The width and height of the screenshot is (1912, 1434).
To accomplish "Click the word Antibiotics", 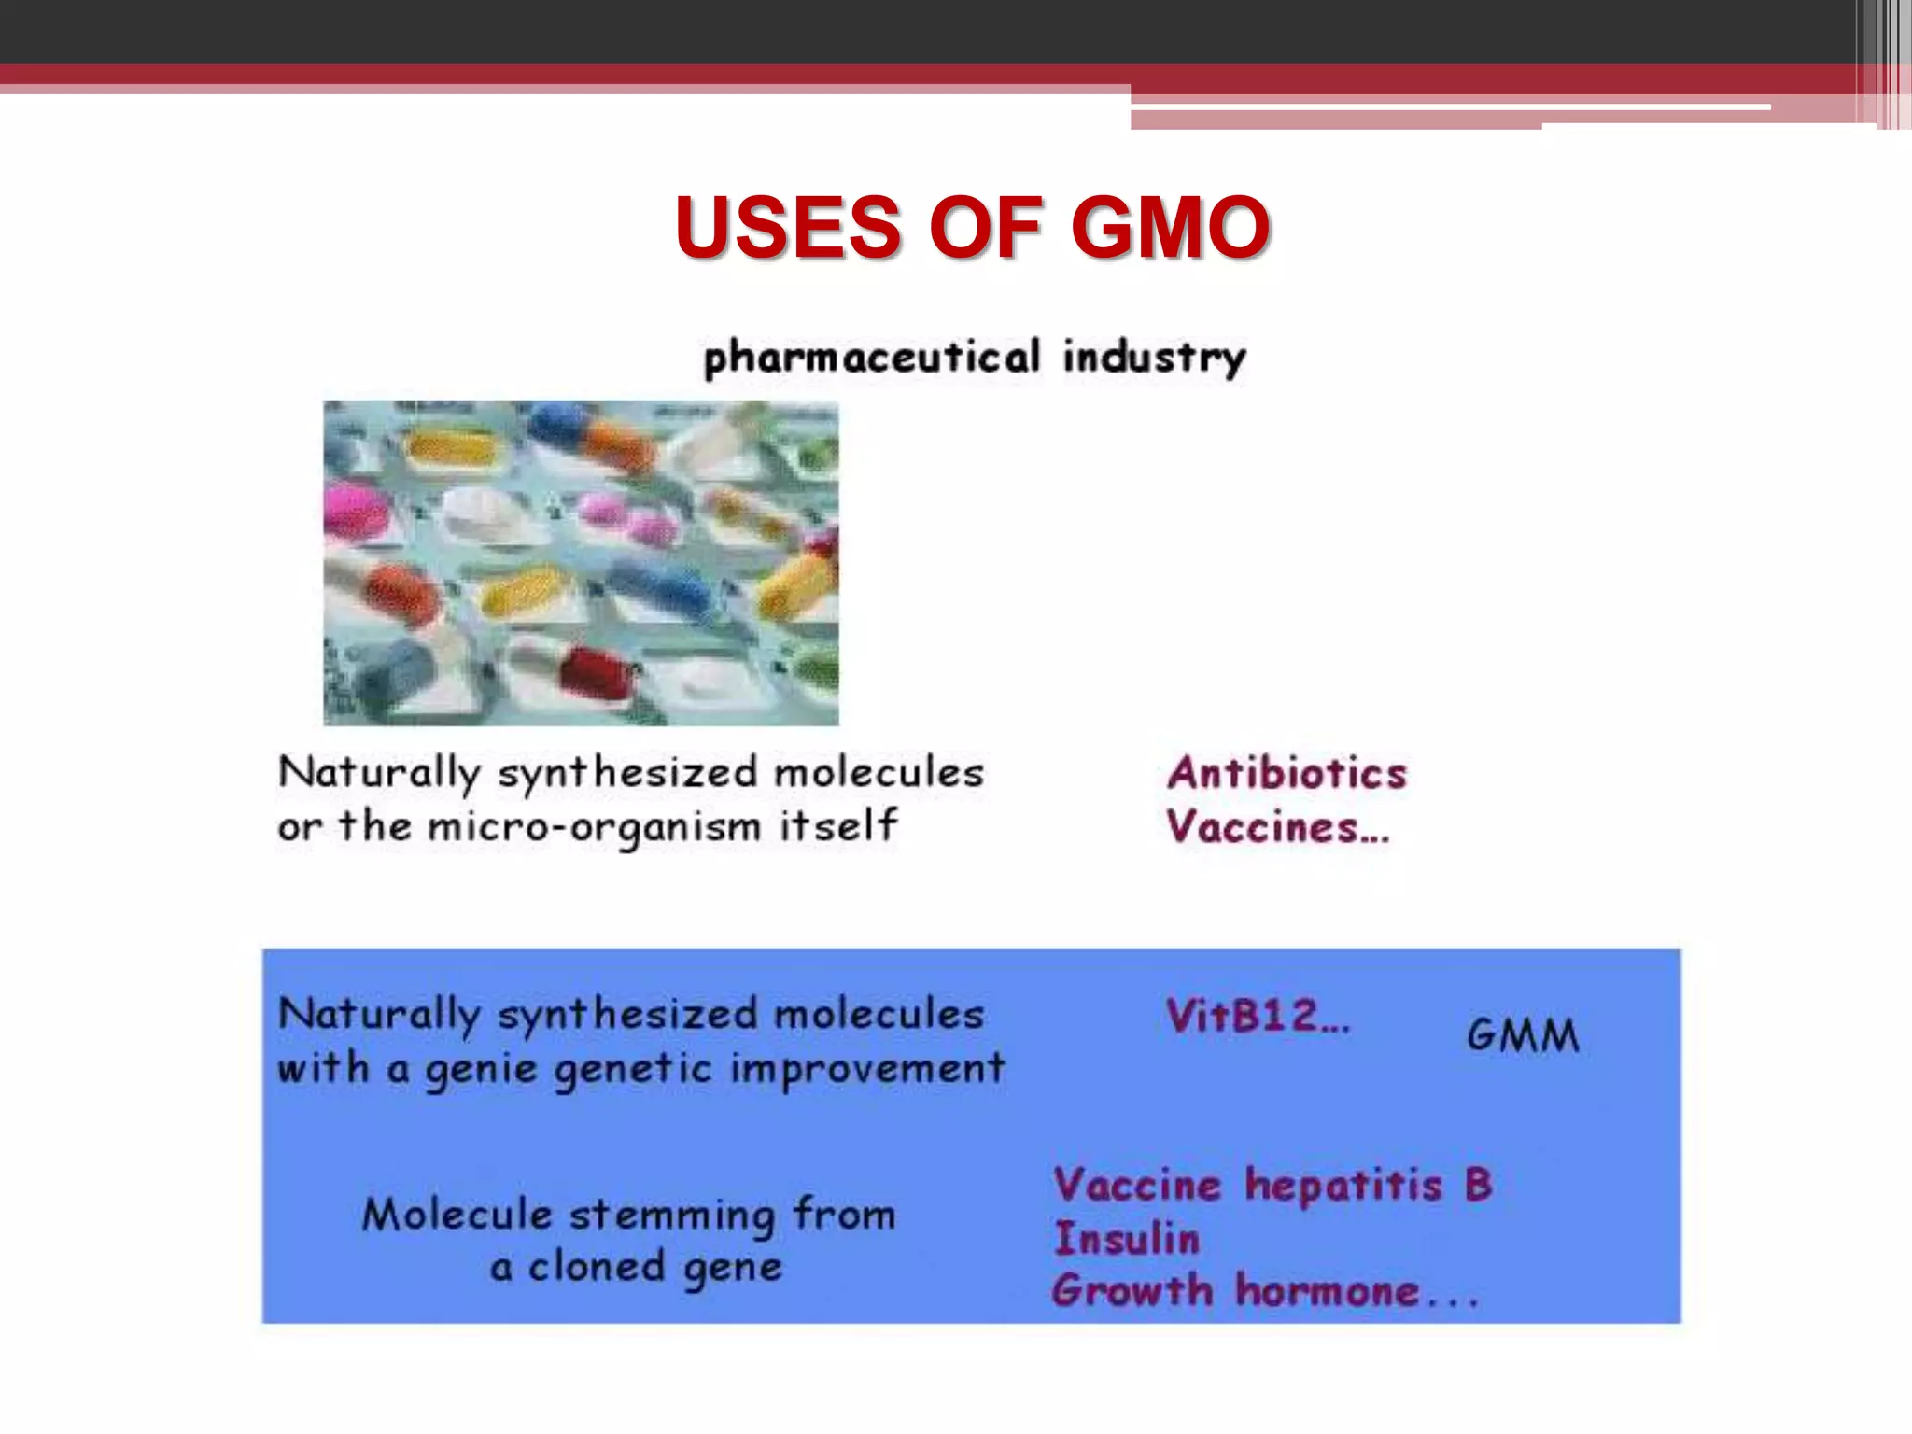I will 1286,773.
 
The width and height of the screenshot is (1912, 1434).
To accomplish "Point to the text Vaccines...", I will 1277,827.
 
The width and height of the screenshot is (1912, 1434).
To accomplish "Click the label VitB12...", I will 1257,1016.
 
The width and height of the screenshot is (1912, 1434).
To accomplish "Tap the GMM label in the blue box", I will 1523,1035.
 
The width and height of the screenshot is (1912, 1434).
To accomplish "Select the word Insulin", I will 1127,1239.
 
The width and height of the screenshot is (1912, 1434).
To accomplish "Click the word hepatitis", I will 1343,1186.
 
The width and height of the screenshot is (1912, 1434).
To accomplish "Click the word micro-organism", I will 594,827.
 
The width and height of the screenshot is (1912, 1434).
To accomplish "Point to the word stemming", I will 671,1216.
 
